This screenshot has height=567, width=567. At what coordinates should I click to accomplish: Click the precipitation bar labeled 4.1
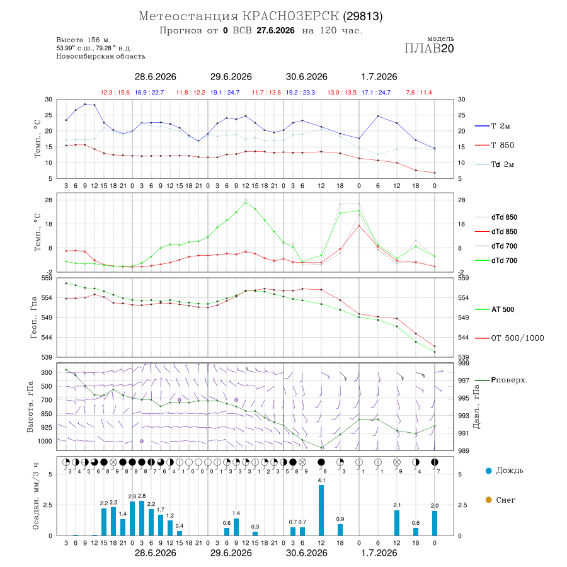pyautogui.click(x=321, y=510)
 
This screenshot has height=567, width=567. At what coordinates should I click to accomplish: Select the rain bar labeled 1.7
pyautogui.click(x=161, y=525)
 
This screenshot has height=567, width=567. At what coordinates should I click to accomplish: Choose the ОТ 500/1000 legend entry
pyautogui.click(x=510, y=338)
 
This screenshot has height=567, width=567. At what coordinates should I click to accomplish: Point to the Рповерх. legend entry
pyautogui.click(x=501, y=380)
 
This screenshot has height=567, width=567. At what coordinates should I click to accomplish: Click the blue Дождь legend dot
pyautogui.click(x=488, y=471)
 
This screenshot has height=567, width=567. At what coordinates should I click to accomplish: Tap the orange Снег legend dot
pyautogui.click(x=488, y=500)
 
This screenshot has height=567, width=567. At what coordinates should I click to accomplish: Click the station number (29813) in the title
pyautogui.click(x=363, y=16)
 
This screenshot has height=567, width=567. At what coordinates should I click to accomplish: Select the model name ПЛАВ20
pyautogui.click(x=429, y=49)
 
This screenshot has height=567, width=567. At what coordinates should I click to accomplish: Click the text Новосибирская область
pyautogui.click(x=101, y=56)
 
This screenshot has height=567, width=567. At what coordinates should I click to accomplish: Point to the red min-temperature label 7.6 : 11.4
pyautogui.click(x=419, y=93)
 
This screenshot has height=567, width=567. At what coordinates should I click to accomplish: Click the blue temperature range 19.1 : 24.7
pyautogui.click(x=224, y=93)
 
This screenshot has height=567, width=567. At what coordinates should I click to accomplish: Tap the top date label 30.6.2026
pyautogui.click(x=306, y=77)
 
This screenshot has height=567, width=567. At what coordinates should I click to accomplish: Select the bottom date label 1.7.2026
pyautogui.click(x=379, y=553)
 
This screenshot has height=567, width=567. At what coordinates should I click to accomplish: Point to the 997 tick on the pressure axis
pyautogui.click(x=463, y=381)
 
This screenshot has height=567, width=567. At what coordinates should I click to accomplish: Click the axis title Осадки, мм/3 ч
pyautogui.click(x=36, y=496)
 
